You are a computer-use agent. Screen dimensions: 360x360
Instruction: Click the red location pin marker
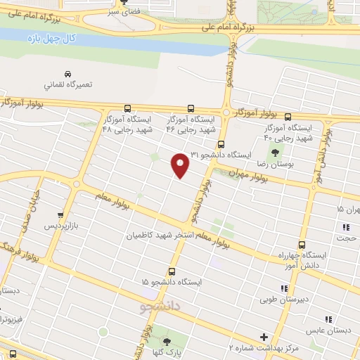click(181, 165)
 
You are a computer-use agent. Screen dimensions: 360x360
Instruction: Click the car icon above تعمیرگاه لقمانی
click(67, 74)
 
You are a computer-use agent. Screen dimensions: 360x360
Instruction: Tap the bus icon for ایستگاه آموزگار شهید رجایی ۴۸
click(127, 109)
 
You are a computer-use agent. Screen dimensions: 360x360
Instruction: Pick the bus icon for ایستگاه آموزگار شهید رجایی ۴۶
click(191, 109)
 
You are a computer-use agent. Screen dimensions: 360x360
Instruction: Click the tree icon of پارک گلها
click(166, 342)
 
